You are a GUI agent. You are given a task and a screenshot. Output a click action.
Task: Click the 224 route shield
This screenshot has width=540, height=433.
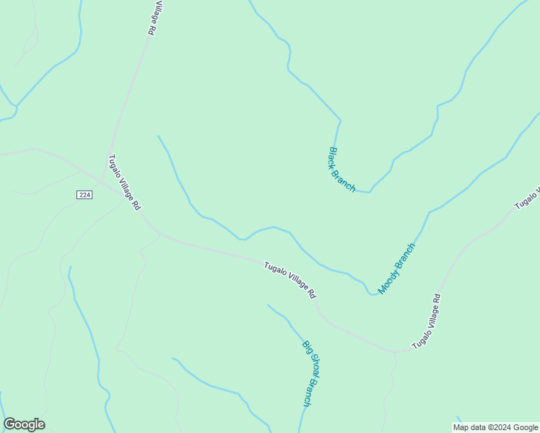tap(84, 195)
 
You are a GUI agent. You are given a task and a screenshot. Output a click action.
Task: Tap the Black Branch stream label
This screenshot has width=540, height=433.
tap(342, 170)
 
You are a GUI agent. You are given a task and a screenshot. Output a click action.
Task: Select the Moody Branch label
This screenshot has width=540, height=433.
tap(397, 268)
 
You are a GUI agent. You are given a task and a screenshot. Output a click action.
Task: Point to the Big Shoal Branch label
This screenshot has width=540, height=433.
tap(307, 373)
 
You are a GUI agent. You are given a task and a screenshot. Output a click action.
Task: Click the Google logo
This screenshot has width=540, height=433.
tap(24, 424)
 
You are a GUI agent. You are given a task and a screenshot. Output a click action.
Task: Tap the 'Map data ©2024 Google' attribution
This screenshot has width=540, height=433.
tap(495, 427)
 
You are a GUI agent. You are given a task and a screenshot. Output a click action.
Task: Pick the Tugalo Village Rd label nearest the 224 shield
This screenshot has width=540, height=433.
tap(124, 183)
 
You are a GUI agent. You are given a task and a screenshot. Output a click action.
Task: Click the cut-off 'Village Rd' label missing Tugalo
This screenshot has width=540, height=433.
tap(152, 18)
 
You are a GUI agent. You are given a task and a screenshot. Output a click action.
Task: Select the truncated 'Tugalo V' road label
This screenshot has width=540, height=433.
tap(528, 197)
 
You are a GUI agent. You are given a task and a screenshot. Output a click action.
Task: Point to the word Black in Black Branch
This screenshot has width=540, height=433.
tap(334, 157)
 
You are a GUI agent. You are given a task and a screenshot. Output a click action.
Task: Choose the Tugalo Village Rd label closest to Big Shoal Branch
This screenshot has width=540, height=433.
tap(290, 281)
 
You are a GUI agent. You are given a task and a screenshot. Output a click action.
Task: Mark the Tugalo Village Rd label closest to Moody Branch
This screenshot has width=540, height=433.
tap(426, 322)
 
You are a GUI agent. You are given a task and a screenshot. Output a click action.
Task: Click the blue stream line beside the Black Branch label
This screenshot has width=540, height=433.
tap(335, 137)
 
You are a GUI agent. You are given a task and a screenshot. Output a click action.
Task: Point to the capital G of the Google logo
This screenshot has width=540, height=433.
tap(9, 424)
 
